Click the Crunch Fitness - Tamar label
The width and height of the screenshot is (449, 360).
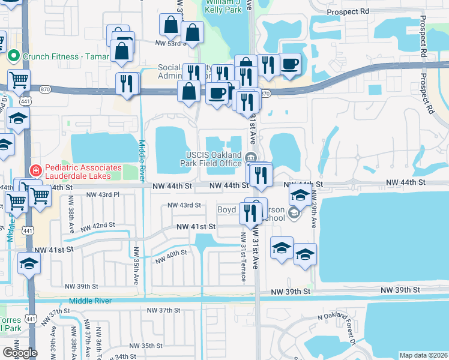coord(66,56)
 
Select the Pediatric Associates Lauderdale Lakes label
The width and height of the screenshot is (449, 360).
coord(76,171)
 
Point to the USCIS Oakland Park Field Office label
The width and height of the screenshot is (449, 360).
coord(213,159)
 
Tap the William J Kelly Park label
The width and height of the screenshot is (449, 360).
coord(223,7)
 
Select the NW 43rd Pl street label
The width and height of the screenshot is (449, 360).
coord(103,195)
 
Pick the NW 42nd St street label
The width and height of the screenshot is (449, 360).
coord(99,225)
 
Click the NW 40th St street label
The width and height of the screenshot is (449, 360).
coord(171,257)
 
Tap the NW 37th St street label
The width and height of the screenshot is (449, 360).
coord(164,310)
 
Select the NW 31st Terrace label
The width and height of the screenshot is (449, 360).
coord(243,257)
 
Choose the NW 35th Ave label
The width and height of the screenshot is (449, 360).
coord(136,266)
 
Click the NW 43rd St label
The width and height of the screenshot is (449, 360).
coord(184,205)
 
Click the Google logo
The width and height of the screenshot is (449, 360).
coord(20,352)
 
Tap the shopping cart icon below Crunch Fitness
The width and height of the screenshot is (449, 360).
coord(19,80)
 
